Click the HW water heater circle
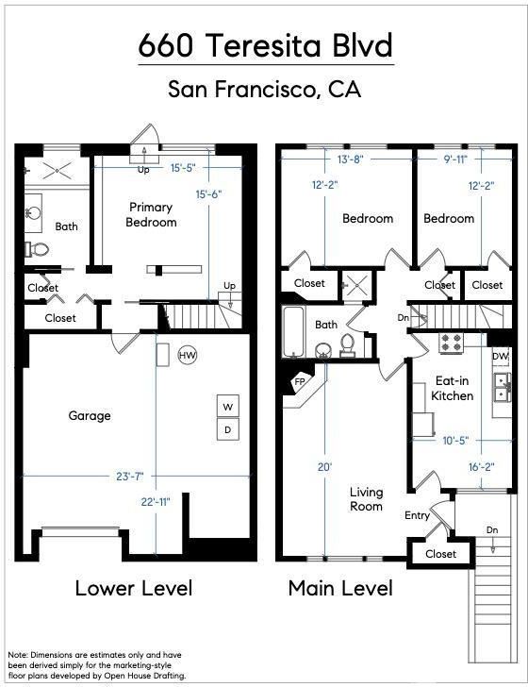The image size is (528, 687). click(x=188, y=355)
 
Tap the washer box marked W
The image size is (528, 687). click(x=228, y=407)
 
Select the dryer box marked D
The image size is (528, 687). click(x=228, y=429)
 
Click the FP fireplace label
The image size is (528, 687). click(x=300, y=381)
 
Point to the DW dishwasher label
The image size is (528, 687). click(x=500, y=356)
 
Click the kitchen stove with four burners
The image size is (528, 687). click(x=451, y=343)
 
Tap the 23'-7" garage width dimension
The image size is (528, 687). click(x=130, y=476)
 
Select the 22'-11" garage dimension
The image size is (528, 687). click(x=156, y=502)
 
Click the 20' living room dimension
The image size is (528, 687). click(x=324, y=467)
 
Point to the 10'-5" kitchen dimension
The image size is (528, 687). click(x=455, y=440)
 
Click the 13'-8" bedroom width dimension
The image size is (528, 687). click(x=350, y=159)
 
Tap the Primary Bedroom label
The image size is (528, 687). click(x=151, y=214)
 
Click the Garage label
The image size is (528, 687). click(x=90, y=415)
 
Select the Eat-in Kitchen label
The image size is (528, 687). click(x=453, y=388)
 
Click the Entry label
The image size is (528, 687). click(x=417, y=515)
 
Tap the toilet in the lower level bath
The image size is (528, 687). click(x=36, y=249)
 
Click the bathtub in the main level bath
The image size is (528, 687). click(x=293, y=331)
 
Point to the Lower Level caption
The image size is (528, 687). click(x=134, y=588)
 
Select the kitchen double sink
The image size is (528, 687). click(x=503, y=388)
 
